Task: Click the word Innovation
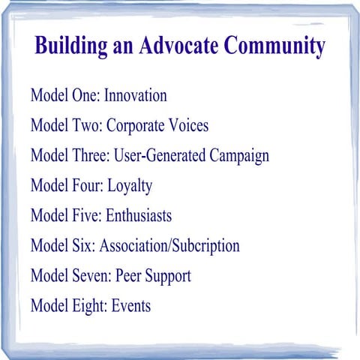tap(135, 96)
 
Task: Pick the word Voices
tap(188, 126)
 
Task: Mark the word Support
tap(169, 277)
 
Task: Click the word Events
tap(130, 306)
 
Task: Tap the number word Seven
tap(91, 276)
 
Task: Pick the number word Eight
tap(89, 307)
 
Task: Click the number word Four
tap(87, 186)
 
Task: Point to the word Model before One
tap(50, 96)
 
